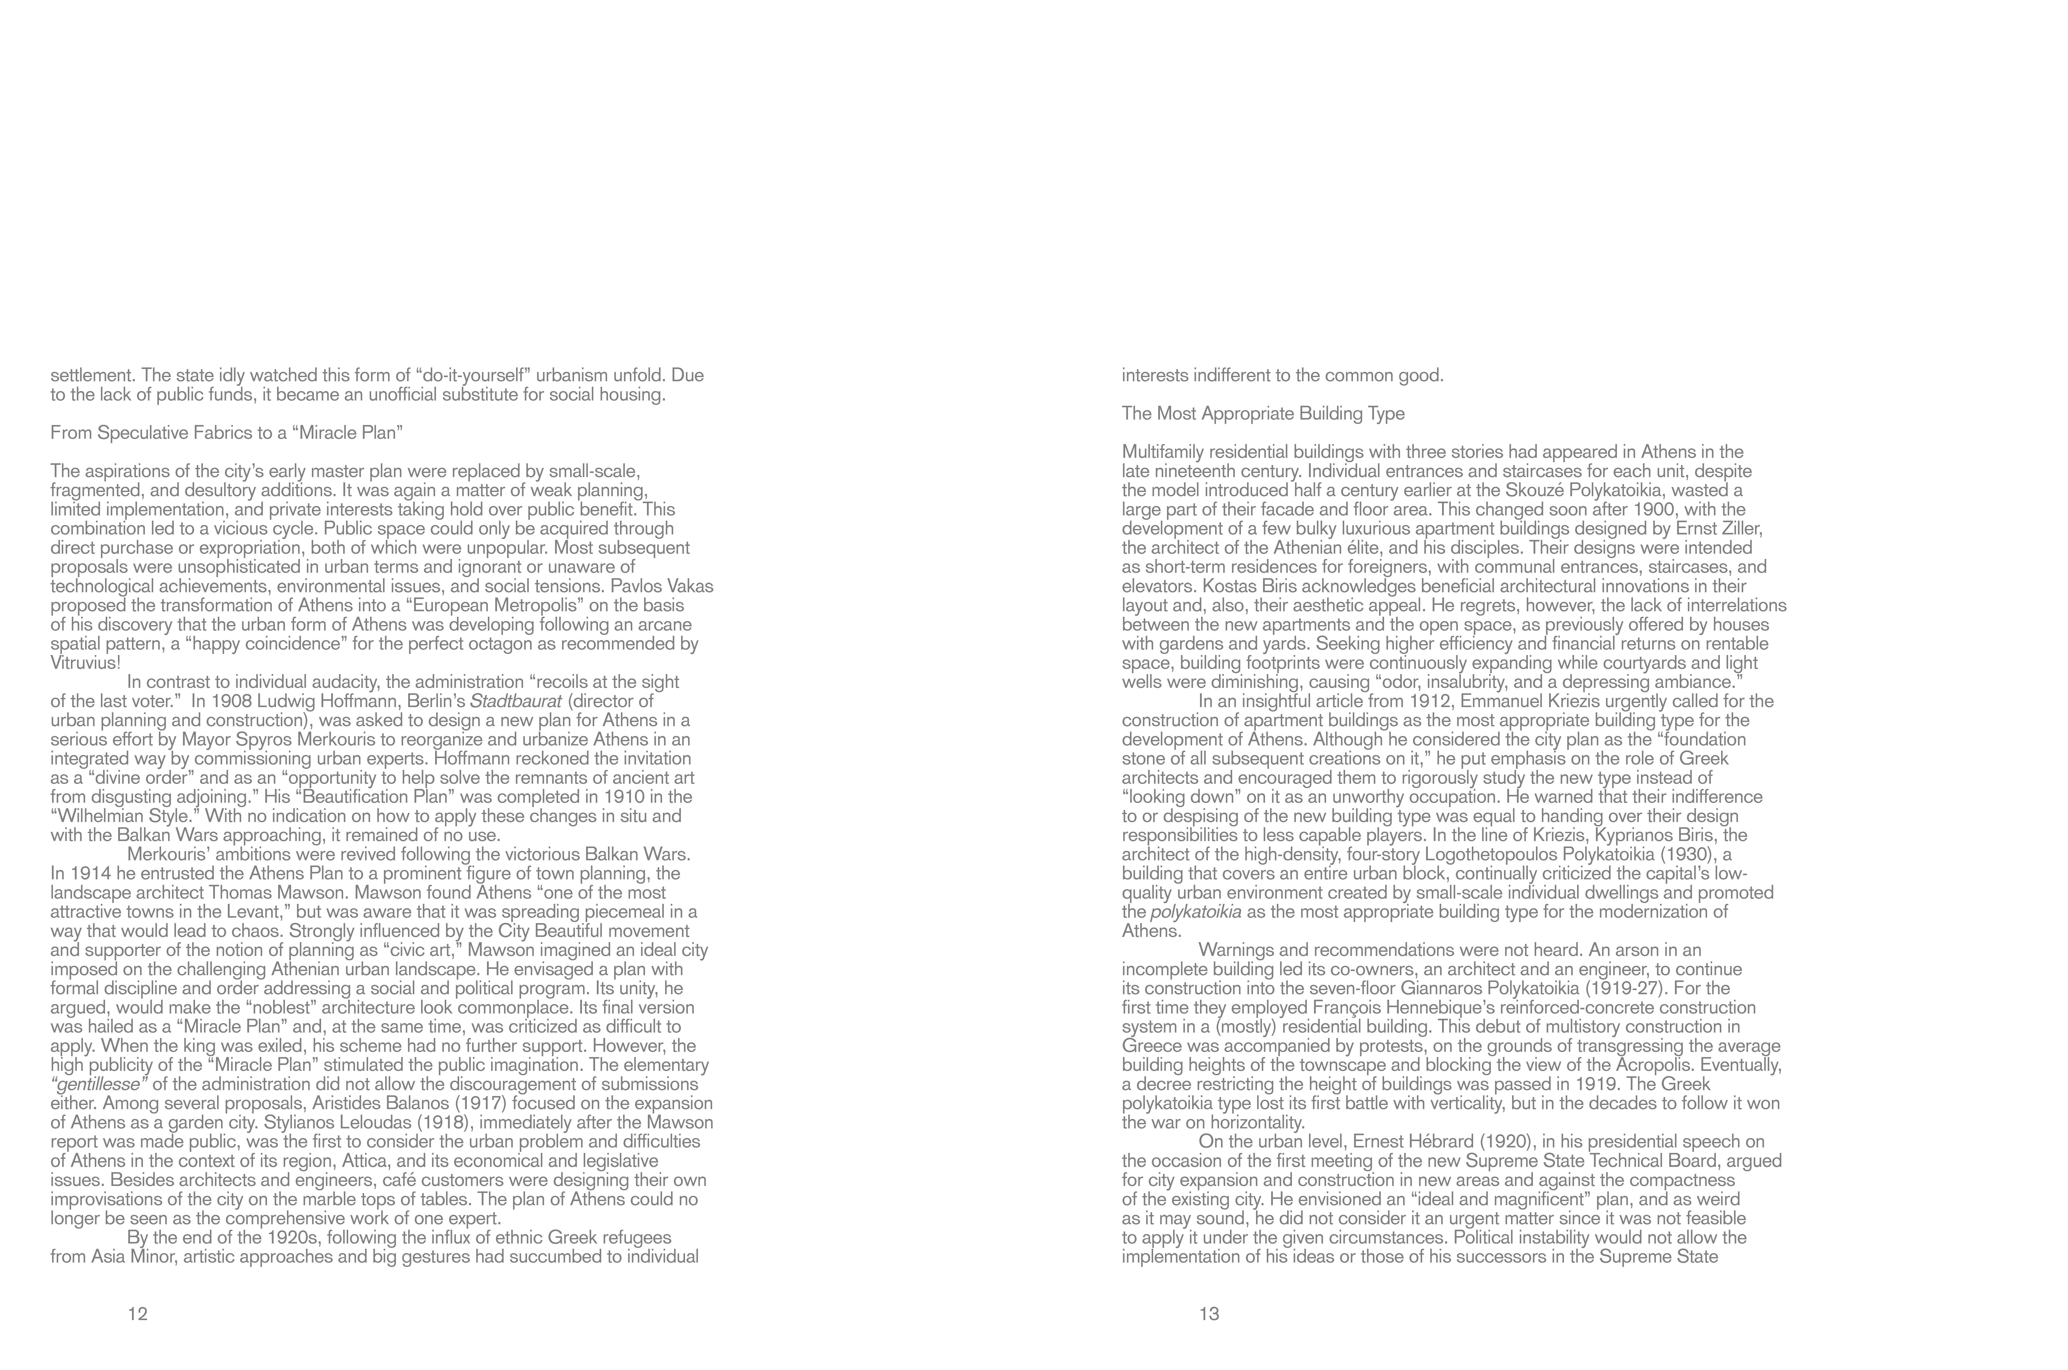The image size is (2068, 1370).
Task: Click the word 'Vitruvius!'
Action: point(85,663)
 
